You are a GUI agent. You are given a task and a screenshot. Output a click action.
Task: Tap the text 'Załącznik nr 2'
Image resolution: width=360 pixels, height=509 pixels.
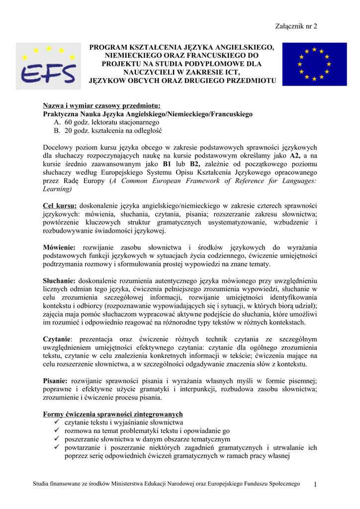pyautogui.click(x=296, y=26)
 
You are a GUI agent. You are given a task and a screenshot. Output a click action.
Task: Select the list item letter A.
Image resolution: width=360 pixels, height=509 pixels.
pyautogui.click(x=57, y=122)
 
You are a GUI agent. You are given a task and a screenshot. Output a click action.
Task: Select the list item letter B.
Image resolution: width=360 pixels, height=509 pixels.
pyautogui.click(x=57, y=131)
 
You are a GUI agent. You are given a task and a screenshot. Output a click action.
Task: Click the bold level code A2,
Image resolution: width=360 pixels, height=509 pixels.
pyautogui.click(x=296, y=156)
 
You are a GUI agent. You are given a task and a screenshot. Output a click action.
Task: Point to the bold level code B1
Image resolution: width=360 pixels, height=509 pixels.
pyautogui.click(x=168, y=164)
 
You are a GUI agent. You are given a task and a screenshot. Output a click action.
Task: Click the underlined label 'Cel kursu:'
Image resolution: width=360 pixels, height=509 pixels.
pyautogui.click(x=60, y=206)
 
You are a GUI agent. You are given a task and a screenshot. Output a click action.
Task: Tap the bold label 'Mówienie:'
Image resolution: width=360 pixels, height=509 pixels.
pyautogui.click(x=59, y=248)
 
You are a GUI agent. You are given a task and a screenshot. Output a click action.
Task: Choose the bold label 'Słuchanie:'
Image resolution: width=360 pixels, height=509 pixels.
pyautogui.click(x=59, y=281)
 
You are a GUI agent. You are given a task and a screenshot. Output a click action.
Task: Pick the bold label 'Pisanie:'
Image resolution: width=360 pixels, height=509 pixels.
pyautogui.click(x=56, y=381)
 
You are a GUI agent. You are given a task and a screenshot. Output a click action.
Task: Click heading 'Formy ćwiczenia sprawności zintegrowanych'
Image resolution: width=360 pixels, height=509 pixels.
pyautogui.click(x=113, y=414)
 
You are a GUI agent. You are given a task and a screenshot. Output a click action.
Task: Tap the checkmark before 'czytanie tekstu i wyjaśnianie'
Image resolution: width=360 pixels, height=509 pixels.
pyautogui.click(x=57, y=423)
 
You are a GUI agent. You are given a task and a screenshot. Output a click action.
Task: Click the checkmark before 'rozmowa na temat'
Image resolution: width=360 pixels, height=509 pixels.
pyautogui.click(x=57, y=431)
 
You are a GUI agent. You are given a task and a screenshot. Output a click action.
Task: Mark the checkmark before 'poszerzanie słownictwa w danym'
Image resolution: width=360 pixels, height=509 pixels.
pyautogui.click(x=57, y=439)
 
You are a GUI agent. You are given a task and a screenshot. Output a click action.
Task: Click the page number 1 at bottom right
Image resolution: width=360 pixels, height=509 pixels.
pyautogui.click(x=315, y=484)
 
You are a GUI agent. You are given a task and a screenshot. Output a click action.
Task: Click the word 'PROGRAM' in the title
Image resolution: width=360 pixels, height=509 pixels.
pyautogui.click(x=108, y=47)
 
